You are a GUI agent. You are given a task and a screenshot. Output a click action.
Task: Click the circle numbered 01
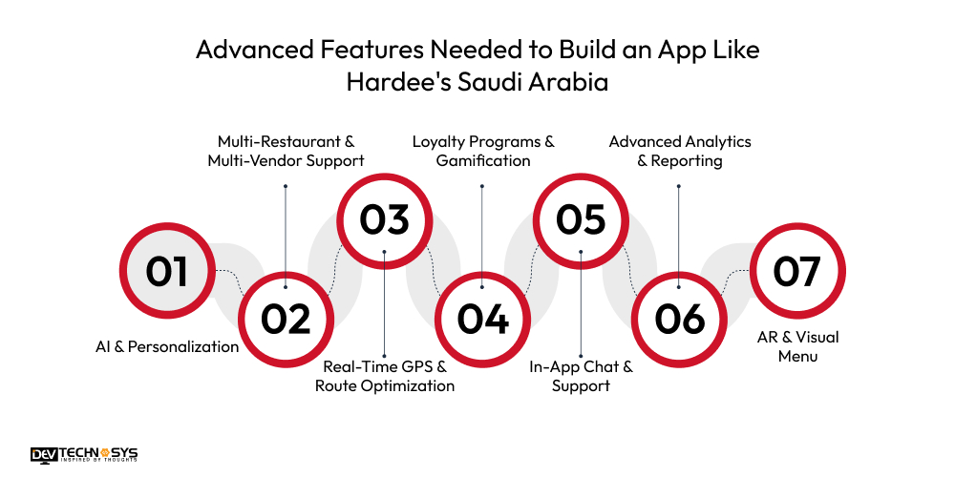[167, 271]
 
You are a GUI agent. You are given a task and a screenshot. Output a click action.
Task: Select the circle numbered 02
[286, 319]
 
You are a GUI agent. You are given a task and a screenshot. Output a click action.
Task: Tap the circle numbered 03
[384, 218]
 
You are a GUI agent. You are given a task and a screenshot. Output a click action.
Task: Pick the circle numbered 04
[482, 319]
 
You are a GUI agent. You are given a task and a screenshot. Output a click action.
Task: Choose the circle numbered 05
[581, 218]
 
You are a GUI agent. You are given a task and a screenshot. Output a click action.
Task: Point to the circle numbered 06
[679, 319]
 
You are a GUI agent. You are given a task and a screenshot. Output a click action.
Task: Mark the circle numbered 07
[796, 271]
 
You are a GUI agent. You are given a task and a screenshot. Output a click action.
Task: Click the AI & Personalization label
[168, 347]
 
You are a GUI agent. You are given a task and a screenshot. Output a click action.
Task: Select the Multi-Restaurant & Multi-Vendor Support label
[286, 151]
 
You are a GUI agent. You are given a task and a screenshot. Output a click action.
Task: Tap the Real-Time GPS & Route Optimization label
[385, 376]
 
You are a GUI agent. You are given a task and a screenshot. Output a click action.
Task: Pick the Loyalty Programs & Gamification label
[483, 151]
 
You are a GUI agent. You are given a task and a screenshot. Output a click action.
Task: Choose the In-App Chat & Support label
[581, 376]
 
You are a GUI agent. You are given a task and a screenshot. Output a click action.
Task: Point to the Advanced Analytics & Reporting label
[680, 151]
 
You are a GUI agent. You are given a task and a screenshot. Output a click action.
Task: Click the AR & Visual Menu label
[796, 347]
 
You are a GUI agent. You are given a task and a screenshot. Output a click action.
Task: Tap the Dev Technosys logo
[84, 455]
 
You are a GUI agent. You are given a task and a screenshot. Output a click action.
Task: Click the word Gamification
[483, 161]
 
